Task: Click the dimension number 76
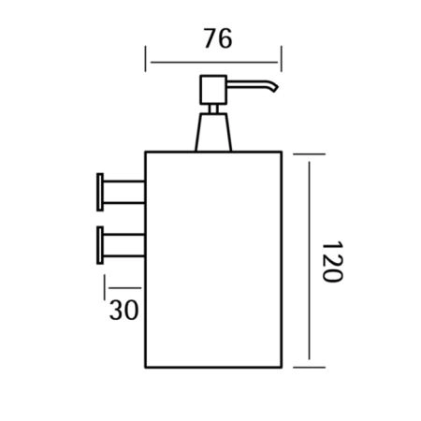click(218, 38)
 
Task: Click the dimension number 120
click(332, 261)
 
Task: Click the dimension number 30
click(123, 310)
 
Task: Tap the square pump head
click(213, 90)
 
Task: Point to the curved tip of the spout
click(275, 88)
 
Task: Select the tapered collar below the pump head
click(213, 132)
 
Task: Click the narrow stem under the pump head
click(213, 109)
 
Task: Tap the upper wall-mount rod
click(123, 192)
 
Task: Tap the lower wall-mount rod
click(123, 245)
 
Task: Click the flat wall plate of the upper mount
click(100, 192)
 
